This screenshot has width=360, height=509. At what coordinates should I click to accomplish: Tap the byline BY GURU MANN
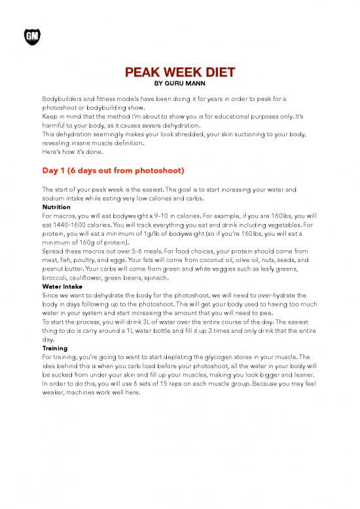180,83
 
